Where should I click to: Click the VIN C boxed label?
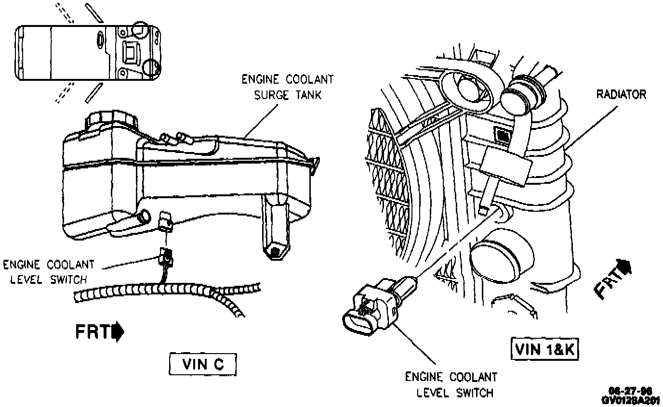(x=203, y=365)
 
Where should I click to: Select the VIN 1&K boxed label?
(x=545, y=350)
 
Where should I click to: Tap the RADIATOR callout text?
(x=621, y=94)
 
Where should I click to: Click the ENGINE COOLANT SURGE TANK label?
(x=287, y=87)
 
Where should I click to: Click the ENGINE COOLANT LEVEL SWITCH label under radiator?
(x=450, y=384)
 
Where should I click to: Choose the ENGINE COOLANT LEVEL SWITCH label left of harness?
(x=49, y=272)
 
